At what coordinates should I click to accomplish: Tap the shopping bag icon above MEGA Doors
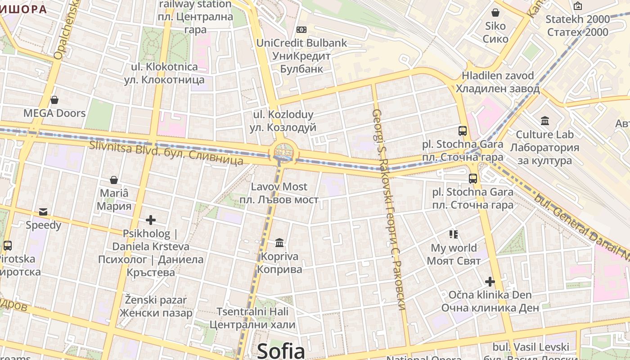pyautogui.click(x=54, y=100)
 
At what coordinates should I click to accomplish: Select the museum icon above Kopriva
pyautogui.click(x=279, y=243)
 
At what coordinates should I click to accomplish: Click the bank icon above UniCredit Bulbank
pyautogui.click(x=301, y=30)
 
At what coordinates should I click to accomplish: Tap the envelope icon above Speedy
pyautogui.click(x=43, y=211)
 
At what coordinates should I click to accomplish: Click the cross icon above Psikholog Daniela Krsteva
pyautogui.click(x=151, y=220)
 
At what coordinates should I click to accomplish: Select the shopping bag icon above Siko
pyautogui.click(x=495, y=13)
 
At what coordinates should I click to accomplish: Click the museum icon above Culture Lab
pyautogui.click(x=545, y=121)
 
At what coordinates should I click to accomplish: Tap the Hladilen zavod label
pyautogui.click(x=497, y=82)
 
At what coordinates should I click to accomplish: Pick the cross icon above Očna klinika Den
pyautogui.click(x=490, y=282)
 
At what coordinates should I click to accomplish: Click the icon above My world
pyautogui.click(x=454, y=234)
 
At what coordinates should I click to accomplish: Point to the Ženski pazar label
pyautogui.click(x=156, y=306)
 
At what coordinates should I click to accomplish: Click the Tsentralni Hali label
pyautogui.click(x=252, y=318)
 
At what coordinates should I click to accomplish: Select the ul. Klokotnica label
pyautogui.click(x=164, y=73)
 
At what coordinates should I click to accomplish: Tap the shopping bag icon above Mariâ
pyautogui.click(x=114, y=180)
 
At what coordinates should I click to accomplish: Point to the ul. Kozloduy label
pyautogui.click(x=283, y=121)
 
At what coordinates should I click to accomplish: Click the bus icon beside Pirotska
pyautogui.click(x=8, y=246)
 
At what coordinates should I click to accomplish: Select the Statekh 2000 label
pyautogui.click(x=578, y=26)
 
